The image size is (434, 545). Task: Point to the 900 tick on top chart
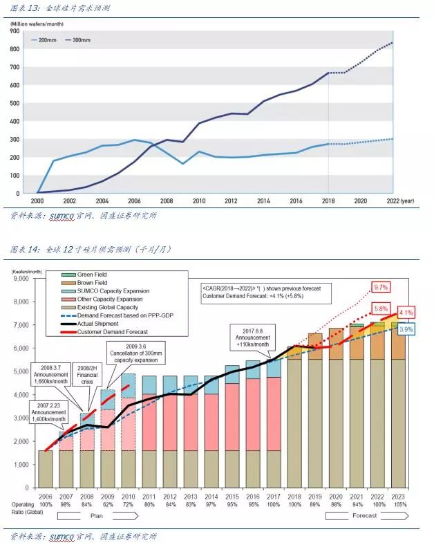(14, 31)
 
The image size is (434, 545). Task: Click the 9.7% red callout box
(381, 286)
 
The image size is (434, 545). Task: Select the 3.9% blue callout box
(406, 330)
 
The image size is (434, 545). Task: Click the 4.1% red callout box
(406, 312)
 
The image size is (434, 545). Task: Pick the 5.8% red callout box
(381, 308)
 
